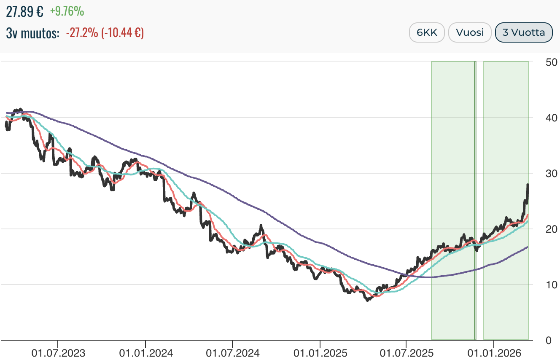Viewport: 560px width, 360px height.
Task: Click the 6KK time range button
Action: pyautogui.click(x=427, y=32)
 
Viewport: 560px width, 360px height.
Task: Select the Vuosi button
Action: pyautogui.click(x=470, y=32)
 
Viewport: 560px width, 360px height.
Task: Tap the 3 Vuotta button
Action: pyautogui.click(x=524, y=32)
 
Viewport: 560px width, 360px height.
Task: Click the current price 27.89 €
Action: pyautogui.click(x=24, y=11)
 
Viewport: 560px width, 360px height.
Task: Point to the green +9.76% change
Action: pyautogui.click(x=67, y=11)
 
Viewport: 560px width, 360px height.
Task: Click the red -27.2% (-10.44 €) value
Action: pyautogui.click(x=105, y=33)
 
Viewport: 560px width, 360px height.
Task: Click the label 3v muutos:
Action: pyautogui.click(x=33, y=33)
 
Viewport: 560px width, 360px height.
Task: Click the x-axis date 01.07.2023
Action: pyautogui.click(x=58, y=352)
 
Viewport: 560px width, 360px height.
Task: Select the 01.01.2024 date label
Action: pyautogui.click(x=145, y=352)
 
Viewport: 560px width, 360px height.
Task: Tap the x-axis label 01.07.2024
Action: pyautogui.click(x=232, y=352)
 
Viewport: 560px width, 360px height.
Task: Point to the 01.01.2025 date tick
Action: pyautogui.click(x=320, y=352)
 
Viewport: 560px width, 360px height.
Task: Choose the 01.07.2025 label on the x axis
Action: pyautogui.click(x=406, y=352)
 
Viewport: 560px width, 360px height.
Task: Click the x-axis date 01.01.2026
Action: pyautogui.click(x=493, y=352)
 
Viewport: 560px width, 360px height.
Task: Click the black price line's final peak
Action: pyautogui.click(x=528, y=185)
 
